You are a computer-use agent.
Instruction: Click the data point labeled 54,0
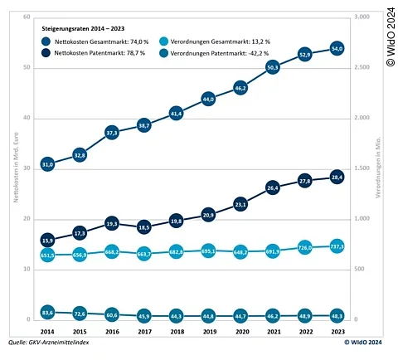pos(337,48)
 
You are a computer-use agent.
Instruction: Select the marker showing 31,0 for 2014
pos(48,164)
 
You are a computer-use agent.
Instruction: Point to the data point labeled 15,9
pos(48,241)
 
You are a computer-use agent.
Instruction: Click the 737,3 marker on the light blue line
pos(337,246)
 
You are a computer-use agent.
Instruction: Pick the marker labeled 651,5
pos(48,255)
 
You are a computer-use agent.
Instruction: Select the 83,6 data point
pos(48,312)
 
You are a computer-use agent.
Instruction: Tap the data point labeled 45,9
pos(144,316)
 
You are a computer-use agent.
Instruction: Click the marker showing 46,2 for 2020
pos(240,87)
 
